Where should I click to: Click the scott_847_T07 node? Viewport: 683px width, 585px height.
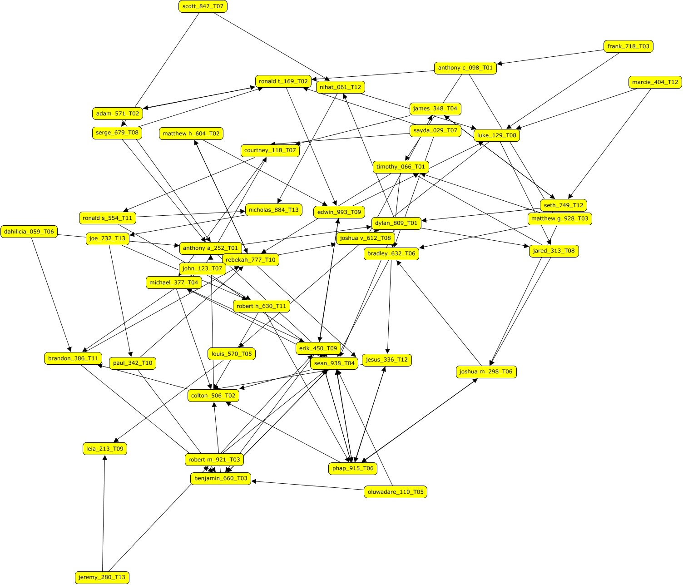point(203,6)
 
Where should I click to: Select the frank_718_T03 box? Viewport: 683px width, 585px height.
point(629,46)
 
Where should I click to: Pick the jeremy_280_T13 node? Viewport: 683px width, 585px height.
point(102,577)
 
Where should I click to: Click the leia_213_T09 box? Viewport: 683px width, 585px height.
point(105,449)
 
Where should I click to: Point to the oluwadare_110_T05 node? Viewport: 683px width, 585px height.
point(395,492)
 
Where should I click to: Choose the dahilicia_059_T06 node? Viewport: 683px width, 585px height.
point(29,232)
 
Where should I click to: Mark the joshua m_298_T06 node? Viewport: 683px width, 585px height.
point(486,372)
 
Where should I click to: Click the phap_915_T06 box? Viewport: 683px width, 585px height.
point(352,468)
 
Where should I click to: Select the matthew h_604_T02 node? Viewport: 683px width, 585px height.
point(191,134)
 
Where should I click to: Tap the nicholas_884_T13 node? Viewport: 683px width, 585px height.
point(274,209)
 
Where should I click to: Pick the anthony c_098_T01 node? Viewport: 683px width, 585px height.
point(465,68)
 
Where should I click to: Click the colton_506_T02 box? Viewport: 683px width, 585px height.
point(213,396)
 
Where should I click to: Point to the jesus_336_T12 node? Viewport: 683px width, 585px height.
point(386,360)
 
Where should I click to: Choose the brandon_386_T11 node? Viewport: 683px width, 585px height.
point(73,358)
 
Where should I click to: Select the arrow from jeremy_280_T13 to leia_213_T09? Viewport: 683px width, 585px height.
point(104,513)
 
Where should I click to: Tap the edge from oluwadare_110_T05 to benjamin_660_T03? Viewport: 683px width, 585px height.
point(309,486)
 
